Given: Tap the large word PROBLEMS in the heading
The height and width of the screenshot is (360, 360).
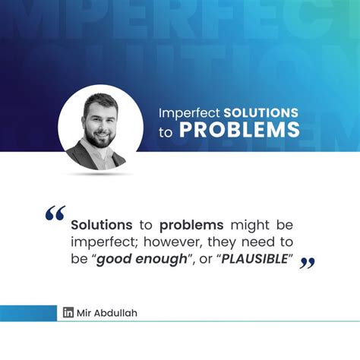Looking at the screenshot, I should [x=239, y=131].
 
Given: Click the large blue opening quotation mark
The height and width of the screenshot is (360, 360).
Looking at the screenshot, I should [x=55, y=213].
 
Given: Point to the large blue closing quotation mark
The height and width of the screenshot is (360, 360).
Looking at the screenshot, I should [x=307, y=263].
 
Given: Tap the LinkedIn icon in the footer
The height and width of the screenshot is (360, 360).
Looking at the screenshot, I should [x=68, y=312].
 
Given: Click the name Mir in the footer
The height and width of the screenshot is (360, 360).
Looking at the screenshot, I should [x=85, y=312].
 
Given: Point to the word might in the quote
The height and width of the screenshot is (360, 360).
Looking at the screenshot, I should [x=247, y=226].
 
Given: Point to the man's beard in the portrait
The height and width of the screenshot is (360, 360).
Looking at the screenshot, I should [x=99, y=137].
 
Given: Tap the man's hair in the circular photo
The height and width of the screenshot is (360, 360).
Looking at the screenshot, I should [x=99, y=101].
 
